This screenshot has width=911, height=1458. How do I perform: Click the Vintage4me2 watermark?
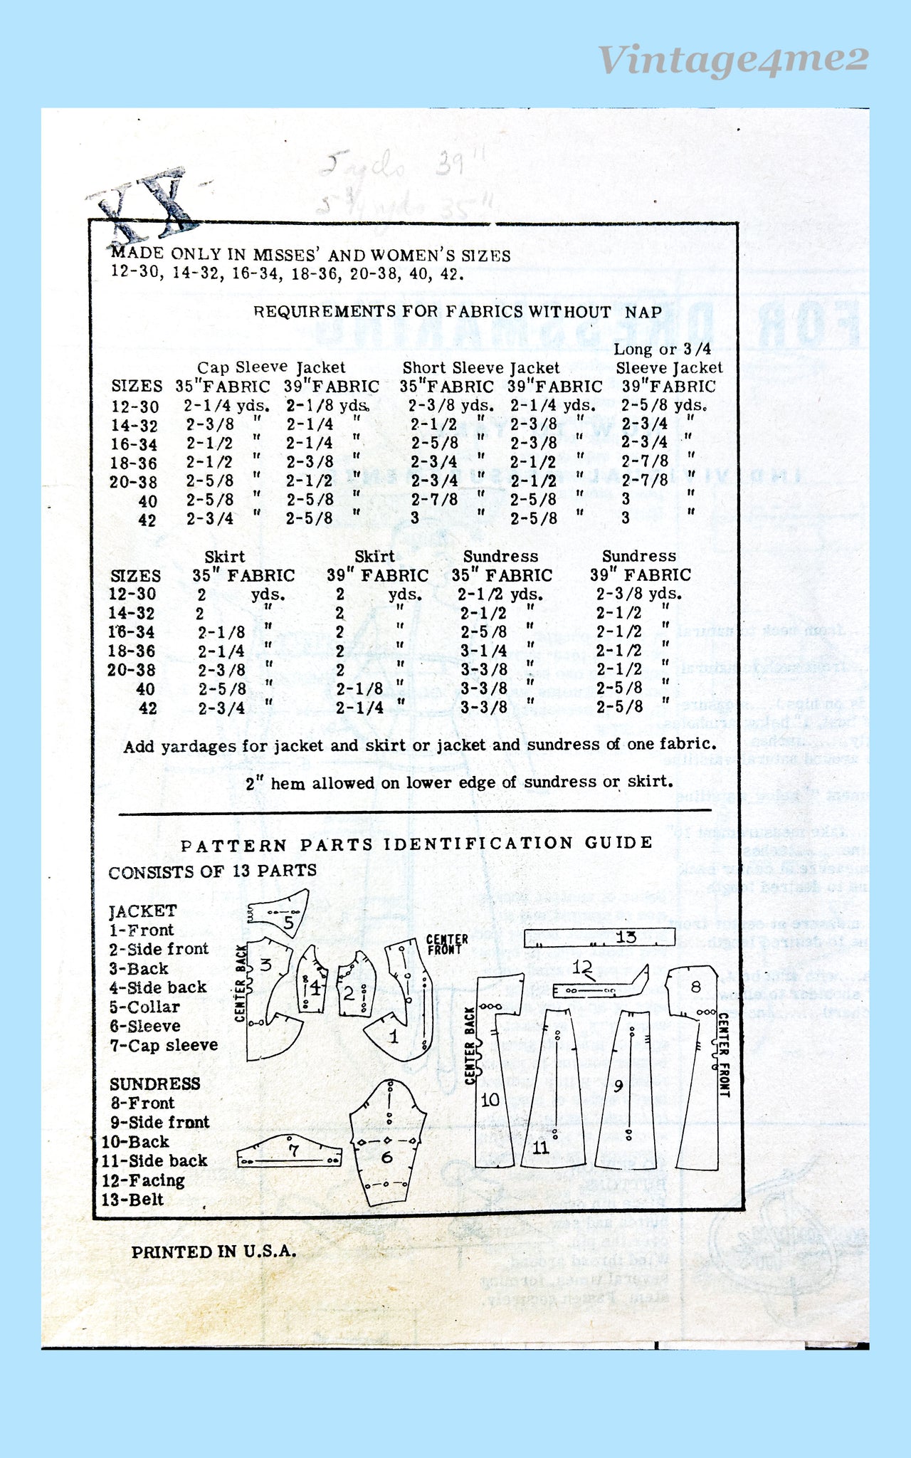click(x=733, y=58)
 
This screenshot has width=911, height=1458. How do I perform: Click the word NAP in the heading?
click(x=643, y=311)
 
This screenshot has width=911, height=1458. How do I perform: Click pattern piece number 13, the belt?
click(x=599, y=938)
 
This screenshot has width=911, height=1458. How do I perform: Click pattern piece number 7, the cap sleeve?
click(x=289, y=1152)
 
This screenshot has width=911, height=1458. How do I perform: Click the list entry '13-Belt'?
click(x=133, y=1199)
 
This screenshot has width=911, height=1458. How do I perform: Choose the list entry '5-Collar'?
click(x=144, y=1007)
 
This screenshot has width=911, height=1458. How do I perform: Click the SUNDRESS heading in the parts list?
click(x=155, y=1084)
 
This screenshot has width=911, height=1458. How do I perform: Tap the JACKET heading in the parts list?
click(x=143, y=911)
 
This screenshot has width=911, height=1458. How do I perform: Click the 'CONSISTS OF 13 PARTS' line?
click(x=213, y=871)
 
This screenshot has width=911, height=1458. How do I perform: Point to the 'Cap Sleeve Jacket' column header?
click(x=271, y=367)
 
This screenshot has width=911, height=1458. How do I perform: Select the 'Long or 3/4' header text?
click(x=662, y=349)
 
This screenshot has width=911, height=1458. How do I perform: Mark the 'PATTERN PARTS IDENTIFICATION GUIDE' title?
click(x=416, y=844)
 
